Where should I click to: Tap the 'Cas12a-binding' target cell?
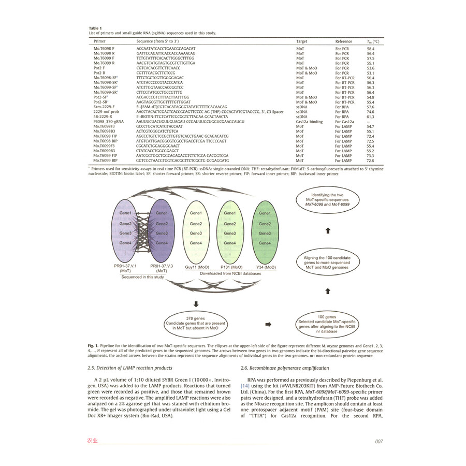pos(310,121)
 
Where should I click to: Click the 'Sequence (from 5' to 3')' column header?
pos(157,41)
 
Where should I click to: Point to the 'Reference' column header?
pos(344,41)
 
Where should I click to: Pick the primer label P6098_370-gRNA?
pos(110,121)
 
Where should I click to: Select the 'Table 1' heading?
pos(95,28)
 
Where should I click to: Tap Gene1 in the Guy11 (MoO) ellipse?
pos(196,213)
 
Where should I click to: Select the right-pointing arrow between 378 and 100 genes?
pos(268,325)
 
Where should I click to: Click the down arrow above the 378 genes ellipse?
pos(197,303)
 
